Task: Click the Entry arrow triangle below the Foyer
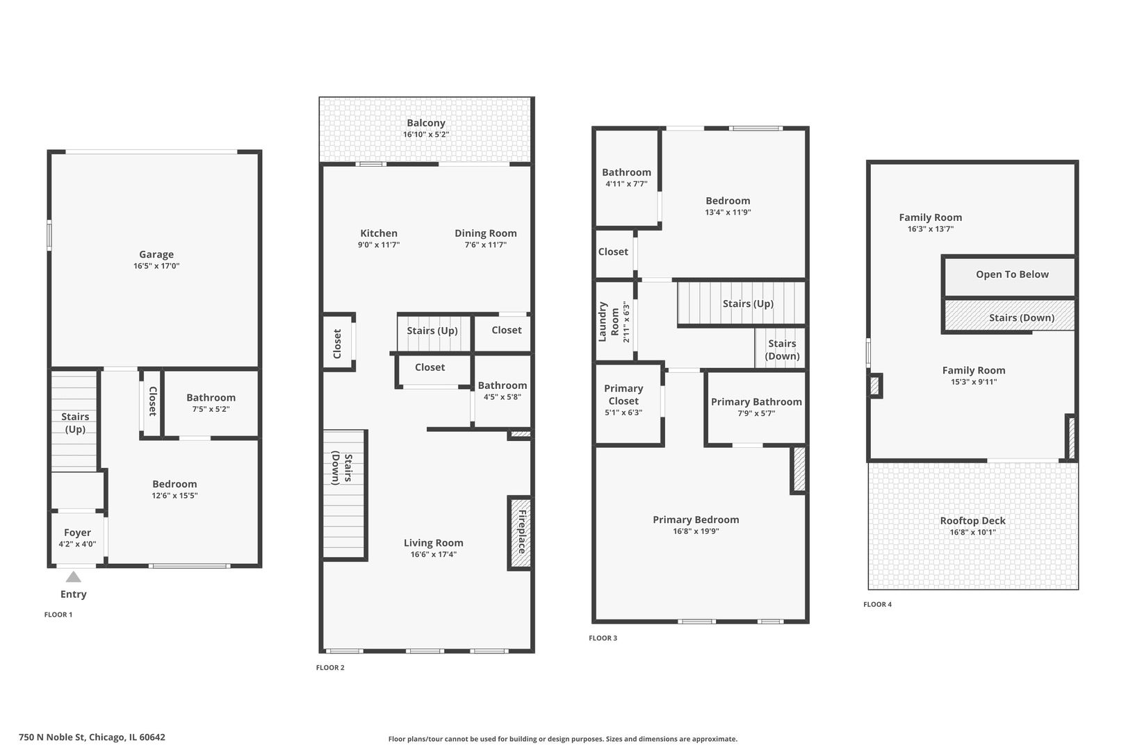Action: coord(74,576)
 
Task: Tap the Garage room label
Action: coord(156,254)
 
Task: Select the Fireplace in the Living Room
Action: coord(521,533)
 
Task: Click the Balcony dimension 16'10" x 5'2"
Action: coord(426,135)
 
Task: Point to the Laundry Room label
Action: coord(608,322)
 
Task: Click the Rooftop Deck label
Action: coord(972,520)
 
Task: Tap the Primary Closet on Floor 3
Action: coord(623,394)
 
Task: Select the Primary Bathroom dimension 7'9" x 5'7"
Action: coord(756,413)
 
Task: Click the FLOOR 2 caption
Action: coord(330,667)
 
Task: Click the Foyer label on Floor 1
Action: coord(77,533)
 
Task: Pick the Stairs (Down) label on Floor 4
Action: coord(1022,317)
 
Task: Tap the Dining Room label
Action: coord(486,233)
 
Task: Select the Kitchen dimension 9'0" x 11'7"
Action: coord(379,245)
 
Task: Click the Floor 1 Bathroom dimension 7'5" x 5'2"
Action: coord(211,410)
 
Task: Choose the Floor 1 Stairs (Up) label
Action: coord(75,422)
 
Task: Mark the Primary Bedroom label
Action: coord(696,519)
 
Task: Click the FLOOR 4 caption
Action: coord(878,604)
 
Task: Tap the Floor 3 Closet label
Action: coord(613,251)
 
